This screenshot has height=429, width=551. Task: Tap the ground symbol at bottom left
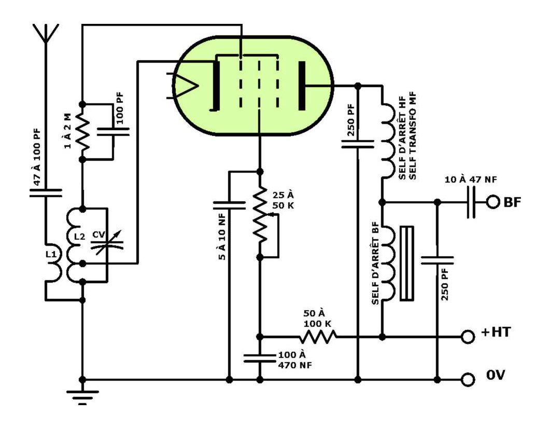pos(82,397)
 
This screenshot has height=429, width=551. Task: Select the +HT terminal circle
pos(468,337)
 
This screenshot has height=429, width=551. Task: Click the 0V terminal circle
pos(468,380)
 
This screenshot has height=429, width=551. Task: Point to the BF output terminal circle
pos(492,202)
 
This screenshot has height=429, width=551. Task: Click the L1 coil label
pos(51,254)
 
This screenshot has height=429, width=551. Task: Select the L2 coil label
pos(79,237)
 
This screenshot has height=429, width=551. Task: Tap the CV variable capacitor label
pos(99,234)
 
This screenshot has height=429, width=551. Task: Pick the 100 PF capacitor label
pos(120,108)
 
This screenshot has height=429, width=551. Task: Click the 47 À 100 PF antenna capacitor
pos(46,193)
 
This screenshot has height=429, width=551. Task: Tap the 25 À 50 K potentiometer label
pos(283,200)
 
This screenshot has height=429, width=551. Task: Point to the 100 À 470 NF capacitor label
pos(295,359)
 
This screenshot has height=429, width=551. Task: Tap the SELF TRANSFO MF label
pos(413,135)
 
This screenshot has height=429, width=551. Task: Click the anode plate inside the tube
pos(302,86)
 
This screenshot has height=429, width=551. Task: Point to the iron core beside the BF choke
pos(406,263)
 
